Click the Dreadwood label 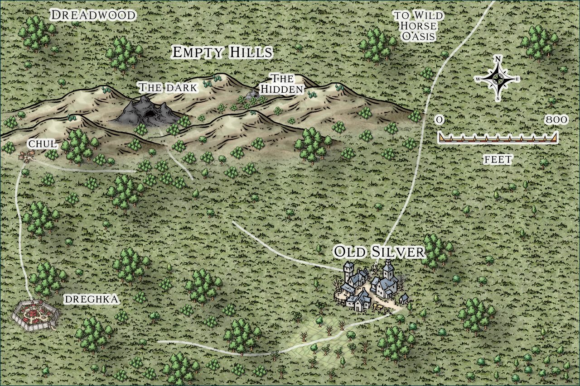(x=93, y=15)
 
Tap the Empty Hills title (x=222, y=52)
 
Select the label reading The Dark (x=168, y=87)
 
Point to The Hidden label (x=281, y=84)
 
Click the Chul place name (x=42, y=144)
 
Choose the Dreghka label (x=92, y=299)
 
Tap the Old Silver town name (x=379, y=252)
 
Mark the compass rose (x=498, y=79)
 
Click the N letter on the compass (x=498, y=59)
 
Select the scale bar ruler (x=498, y=138)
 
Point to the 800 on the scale (x=556, y=120)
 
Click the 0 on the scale (x=439, y=120)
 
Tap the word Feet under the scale (x=498, y=159)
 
